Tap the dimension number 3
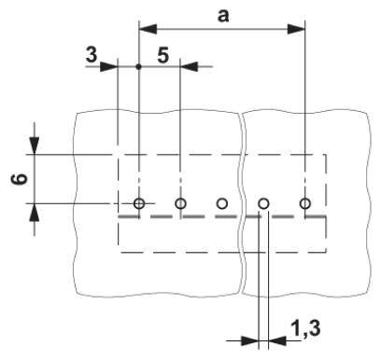click(x=91, y=55)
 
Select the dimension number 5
click(x=162, y=55)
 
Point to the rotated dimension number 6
click(x=17, y=176)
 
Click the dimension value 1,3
click(x=305, y=328)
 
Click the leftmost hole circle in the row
click(x=138, y=203)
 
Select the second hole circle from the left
click(x=180, y=203)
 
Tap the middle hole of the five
click(x=221, y=203)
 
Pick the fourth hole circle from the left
click(x=263, y=203)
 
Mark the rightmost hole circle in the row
click(x=304, y=203)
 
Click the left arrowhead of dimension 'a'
click(x=145, y=27)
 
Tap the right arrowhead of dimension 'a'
click(x=299, y=27)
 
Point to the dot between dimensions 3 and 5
click(x=138, y=66)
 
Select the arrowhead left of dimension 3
click(x=109, y=66)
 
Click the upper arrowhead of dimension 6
click(x=35, y=145)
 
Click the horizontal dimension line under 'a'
click(x=222, y=27)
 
